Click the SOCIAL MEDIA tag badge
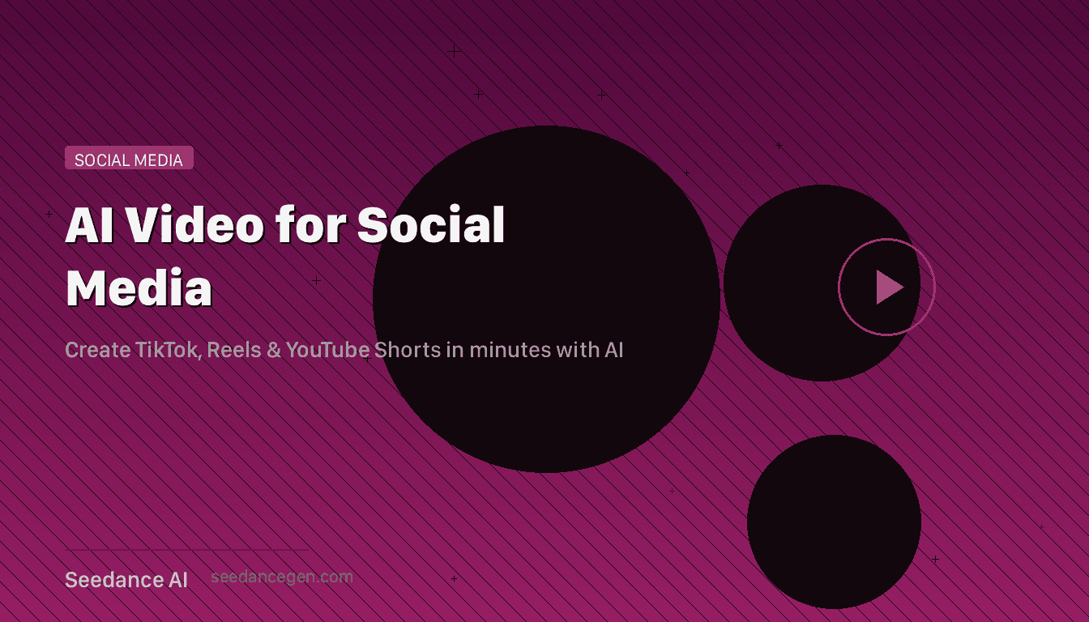(x=129, y=159)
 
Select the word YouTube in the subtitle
(x=327, y=350)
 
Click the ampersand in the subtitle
(x=271, y=350)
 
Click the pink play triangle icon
(x=888, y=287)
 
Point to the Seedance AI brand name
(x=126, y=580)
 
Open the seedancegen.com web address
(x=281, y=577)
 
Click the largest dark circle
(x=546, y=299)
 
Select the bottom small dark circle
(x=834, y=522)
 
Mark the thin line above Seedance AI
(x=186, y=551)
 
